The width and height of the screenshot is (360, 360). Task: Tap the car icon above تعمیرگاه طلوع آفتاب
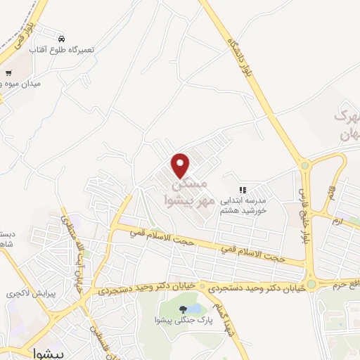(x=63, y=38)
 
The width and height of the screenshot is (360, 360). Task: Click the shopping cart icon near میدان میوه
(x=8, y=72)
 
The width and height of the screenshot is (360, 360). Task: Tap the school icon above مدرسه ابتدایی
(x=243, y=190)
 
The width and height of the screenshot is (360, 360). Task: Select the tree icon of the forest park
(x=183, y=309)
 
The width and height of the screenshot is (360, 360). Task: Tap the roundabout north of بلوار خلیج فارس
(x=305, y=166)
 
